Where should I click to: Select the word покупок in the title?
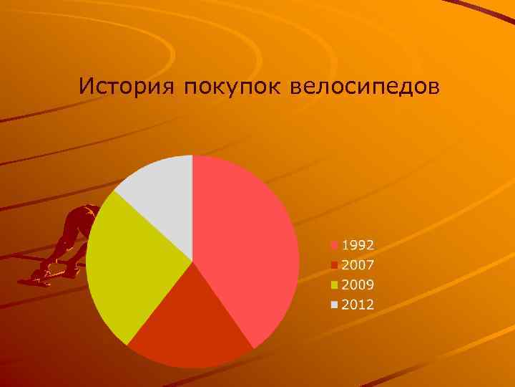[x=234, y=88]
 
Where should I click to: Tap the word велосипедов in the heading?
[x=366, y=87]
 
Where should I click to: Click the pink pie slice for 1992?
[x=250, y=244]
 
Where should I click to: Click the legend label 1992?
[x=358, y=244]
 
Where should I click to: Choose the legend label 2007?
[x=358, y=264]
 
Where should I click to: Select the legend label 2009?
[x=358, y=285]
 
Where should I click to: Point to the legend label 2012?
[x=358, y=305]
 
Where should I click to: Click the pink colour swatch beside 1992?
[x=334, y=244]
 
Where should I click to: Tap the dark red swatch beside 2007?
[x=334, y=264]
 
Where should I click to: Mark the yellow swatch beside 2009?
[x=334, y=285]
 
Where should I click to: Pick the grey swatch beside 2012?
[x=334, y=305]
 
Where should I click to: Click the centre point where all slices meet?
[x=192, y=261]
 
